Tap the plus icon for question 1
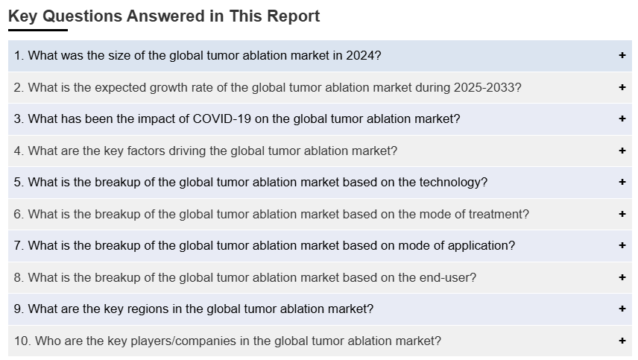pos(622,55)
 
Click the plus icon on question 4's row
pos(622,151)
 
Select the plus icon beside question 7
pos(622,245)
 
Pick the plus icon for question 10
pos(622,341)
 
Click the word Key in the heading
pos(23,16)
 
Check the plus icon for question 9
pos(622,309)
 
